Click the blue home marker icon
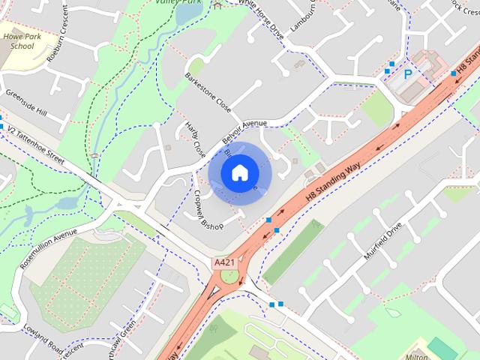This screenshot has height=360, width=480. click(239, 172)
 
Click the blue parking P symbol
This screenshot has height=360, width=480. click(409, 75)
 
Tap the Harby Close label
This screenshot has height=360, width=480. click(195, 139)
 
